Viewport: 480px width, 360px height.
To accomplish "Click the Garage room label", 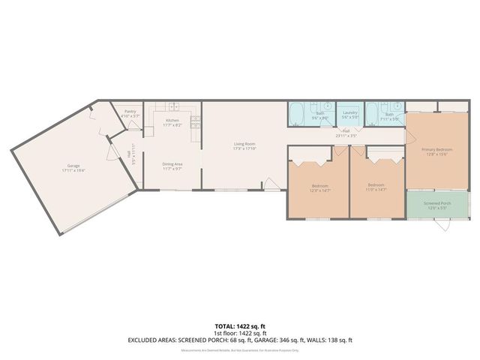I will tap(73, 166).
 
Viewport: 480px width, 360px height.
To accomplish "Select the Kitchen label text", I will tap(172, 121).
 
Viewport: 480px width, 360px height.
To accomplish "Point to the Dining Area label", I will tap(172, 164).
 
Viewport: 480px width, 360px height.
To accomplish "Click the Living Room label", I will tap(244, 145).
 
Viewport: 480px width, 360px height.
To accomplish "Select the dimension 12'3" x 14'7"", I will tap(321, 190).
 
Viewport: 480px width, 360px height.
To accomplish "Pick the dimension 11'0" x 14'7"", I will tap(376, 190).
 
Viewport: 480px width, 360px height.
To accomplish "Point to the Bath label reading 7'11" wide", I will tap(388, 118).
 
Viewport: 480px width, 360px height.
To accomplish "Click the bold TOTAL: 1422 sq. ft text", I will tap(240, 327).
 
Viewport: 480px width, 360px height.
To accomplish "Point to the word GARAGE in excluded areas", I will tap(265, 340).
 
